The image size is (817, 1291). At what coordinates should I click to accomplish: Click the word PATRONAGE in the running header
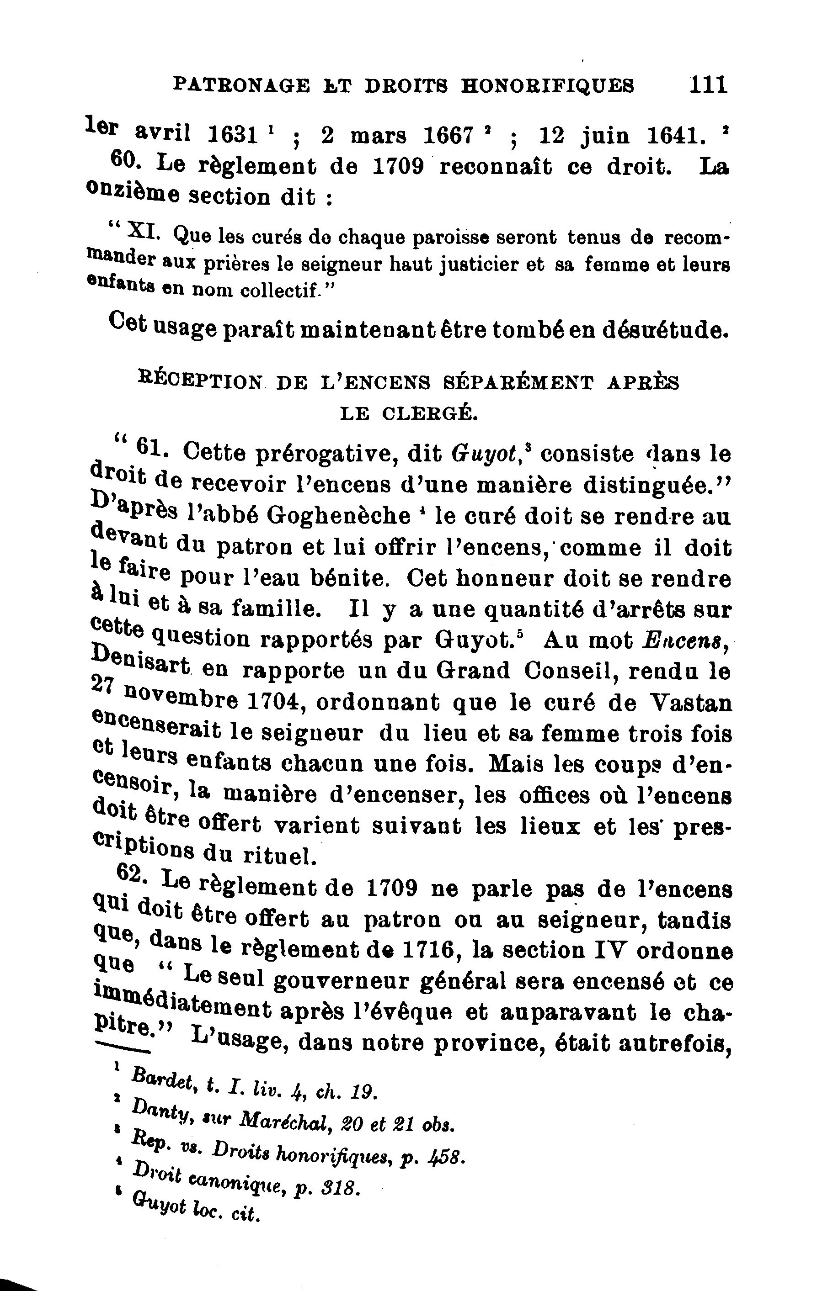pyautogui.click(x=242, y=85)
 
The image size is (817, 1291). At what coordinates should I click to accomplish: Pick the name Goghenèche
pyautogui.click(x=338, y=515)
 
